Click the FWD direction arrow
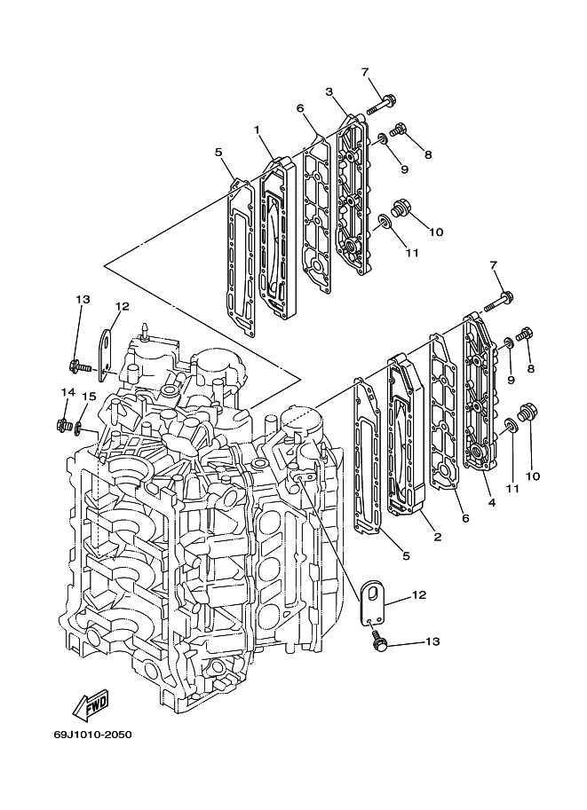pos(90,704)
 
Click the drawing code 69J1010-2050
pos(92,735)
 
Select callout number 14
pos(67,393)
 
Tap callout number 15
pos(89,397)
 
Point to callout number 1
pos(256,130)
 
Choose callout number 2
pos(438,537)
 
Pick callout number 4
pos(491,502)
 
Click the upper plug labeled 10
pos(402,207)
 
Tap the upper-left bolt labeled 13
pos(79,366)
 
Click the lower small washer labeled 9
pos(508,342)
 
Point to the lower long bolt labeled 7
pos(498,302)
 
